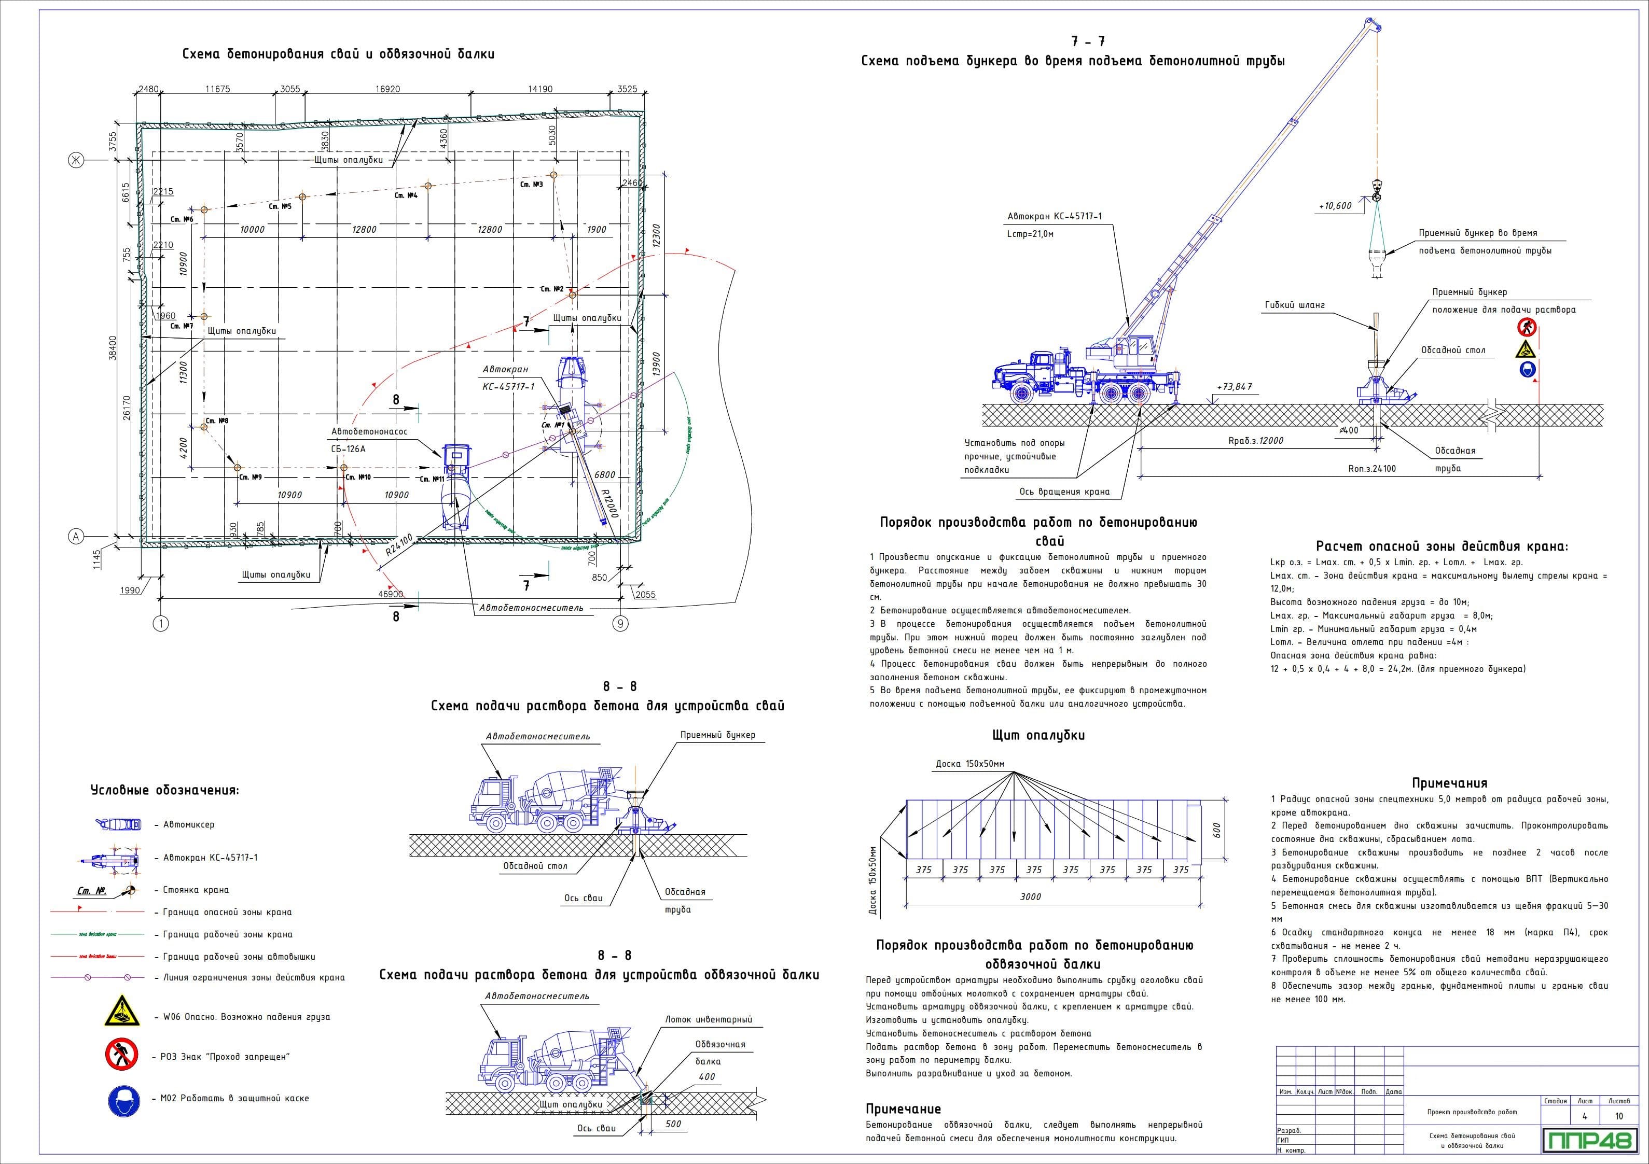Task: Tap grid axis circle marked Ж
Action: click(74, 160)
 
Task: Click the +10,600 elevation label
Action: click(1335, 206)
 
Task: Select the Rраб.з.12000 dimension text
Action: click(1255, 440)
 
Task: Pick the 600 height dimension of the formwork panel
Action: click(1216, 830)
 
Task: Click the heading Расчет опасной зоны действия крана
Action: click(1442, 546)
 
